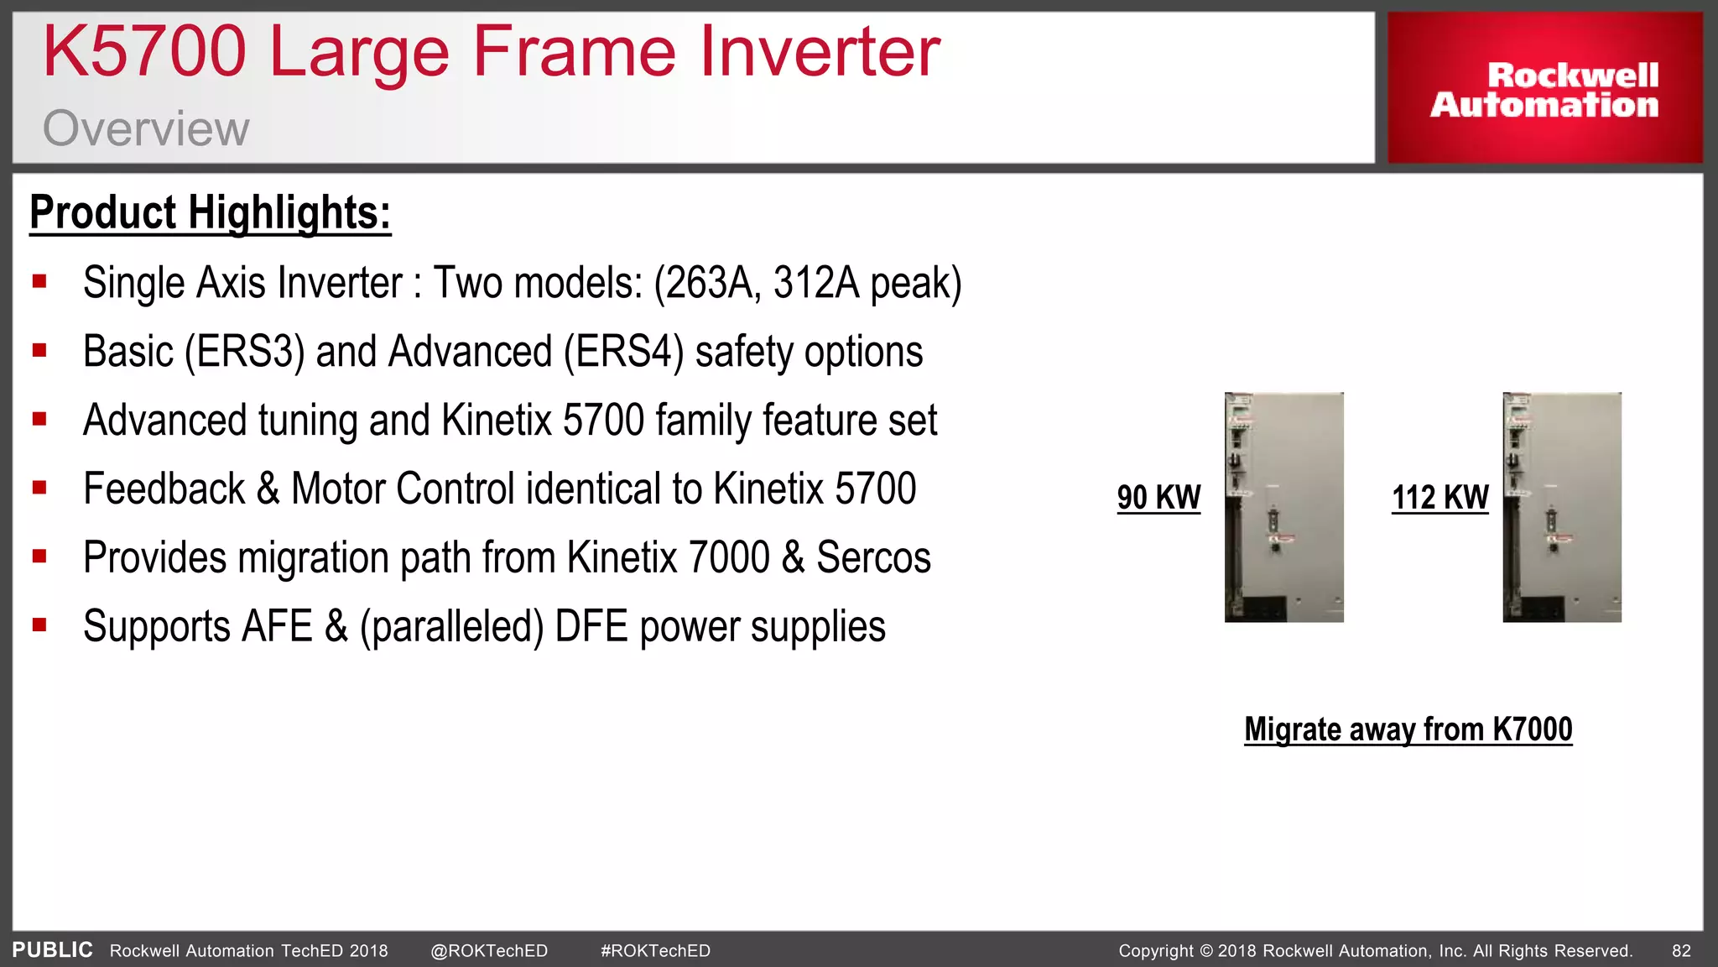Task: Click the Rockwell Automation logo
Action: tap(1544, 89)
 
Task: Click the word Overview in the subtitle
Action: tap(146, 128)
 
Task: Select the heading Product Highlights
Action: tap(210, 212)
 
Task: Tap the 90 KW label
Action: tap(1158, 498)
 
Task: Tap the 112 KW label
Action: tap(1439, 498)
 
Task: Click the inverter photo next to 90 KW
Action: tap(1283, 507)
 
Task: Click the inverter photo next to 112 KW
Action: tap(1561, 507)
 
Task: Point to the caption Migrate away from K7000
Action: tap(1408, 729)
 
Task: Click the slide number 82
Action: tap(1681, 951)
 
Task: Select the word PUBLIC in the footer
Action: tap(52, 950)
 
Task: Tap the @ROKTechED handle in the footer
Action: tap(489, 951)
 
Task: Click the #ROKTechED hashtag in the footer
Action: tap(655, 951)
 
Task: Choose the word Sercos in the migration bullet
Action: tap(873, 558)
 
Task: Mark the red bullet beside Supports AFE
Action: tap(39, 625)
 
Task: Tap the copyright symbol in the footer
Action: tap(1206, 951)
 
